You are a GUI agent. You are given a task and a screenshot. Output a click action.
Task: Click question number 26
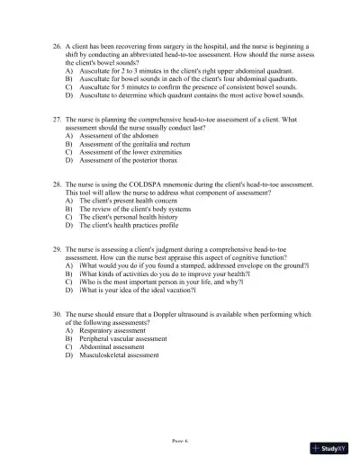57,42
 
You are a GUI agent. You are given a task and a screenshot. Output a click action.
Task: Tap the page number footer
180,443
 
